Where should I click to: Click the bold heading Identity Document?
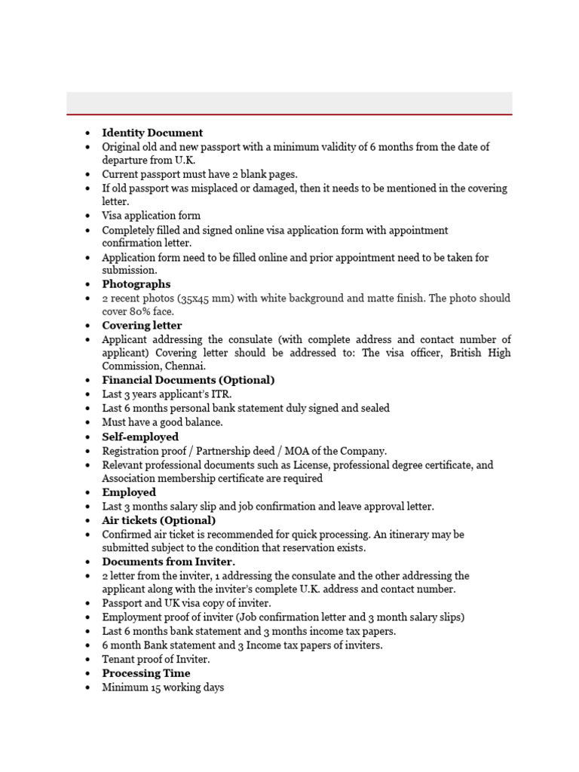tap(152, 133)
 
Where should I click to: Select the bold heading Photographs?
tap(136, 284)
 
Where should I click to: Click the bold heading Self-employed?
tap(140, 437)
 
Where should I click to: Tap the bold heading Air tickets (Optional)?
tap(159, 520)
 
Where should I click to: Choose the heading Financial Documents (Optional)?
tap(188, 380)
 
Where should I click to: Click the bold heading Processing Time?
tap(146, 673)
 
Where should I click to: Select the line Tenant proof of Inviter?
tap(156, 659)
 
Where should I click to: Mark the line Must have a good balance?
tap(162, 422)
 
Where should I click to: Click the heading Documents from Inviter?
tap(169, 562)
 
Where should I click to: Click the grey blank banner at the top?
tap(289, 103)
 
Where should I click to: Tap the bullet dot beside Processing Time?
tap(88, 674)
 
